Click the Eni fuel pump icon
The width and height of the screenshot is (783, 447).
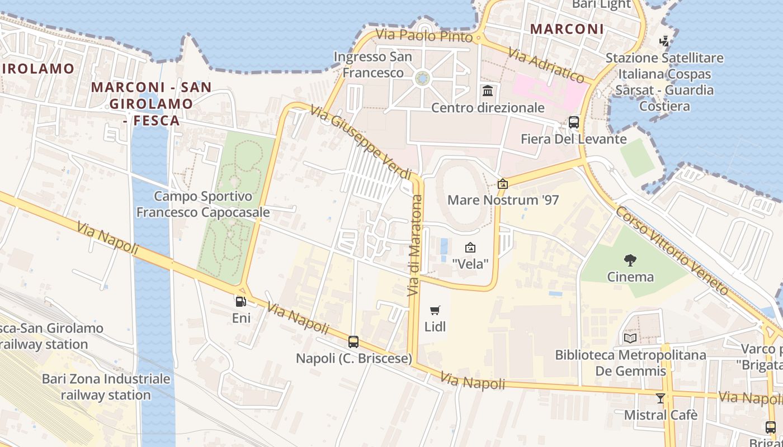point(240,302)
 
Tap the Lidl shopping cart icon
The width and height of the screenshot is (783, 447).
point(435,310)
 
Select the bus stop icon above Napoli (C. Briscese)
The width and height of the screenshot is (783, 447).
point(353,341)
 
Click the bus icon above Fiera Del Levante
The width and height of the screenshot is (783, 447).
point(573,122)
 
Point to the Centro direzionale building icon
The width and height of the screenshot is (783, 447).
point(488,91)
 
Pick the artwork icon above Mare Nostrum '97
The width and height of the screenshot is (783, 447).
point(503,183)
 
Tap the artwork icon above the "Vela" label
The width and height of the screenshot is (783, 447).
point(470,247)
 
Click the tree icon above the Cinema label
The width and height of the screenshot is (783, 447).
point(630,260)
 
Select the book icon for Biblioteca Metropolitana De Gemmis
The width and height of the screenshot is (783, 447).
point(630,338)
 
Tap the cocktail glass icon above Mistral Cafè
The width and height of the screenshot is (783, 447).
point(661,398)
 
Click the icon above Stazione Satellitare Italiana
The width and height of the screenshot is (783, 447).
point(664,41)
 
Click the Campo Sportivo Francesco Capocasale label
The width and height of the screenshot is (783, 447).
point(203,205)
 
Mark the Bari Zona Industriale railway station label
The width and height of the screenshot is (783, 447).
point(106,387)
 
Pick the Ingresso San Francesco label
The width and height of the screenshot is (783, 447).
point(373,65)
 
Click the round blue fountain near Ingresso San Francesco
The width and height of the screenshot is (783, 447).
point(423,78)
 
